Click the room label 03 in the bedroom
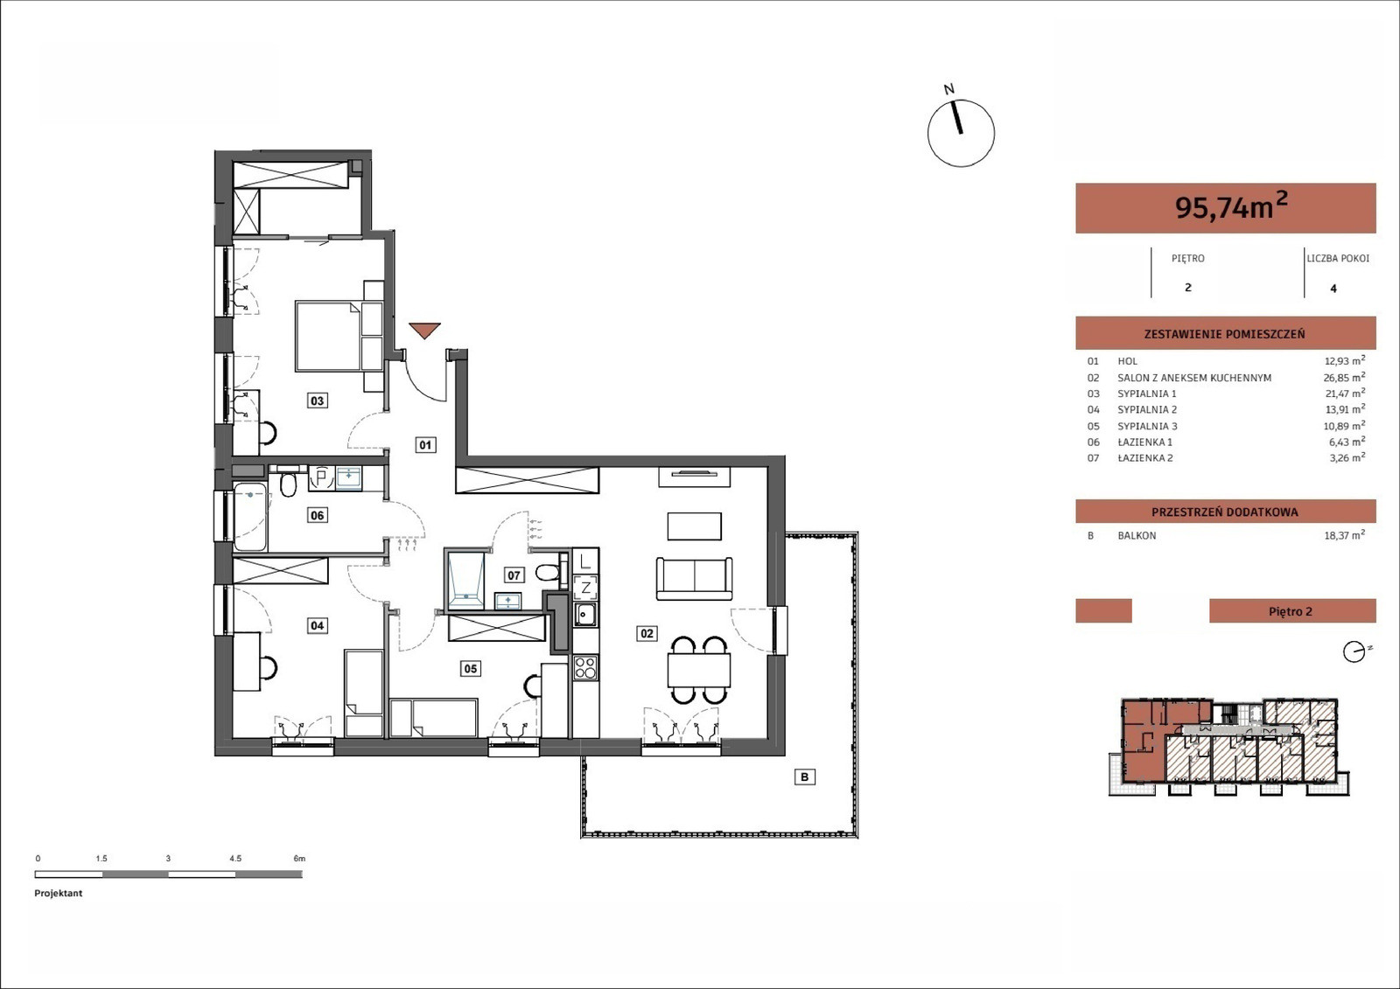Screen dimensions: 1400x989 (x=317, y=400)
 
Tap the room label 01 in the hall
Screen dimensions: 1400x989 (x=425, y=445)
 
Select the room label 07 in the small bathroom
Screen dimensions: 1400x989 (x=514, y=575)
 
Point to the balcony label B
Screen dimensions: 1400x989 (x=804, y=777)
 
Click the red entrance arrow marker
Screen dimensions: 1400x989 (x=425, y=331)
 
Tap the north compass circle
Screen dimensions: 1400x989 (x=961, y=133)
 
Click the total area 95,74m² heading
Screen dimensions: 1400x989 (x=1231, y=206)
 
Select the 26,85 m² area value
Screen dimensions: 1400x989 (x=1344, y=378)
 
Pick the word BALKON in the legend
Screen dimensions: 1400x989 (x=1137, y=535)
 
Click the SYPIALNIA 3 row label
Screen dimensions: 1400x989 (x=1147, y=426)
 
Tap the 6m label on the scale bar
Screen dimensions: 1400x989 (x=299, y=859)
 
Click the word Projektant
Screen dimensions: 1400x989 (x=58, y=894)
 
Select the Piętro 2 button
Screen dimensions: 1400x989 (x=1292, y=611)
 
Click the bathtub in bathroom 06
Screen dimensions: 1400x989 (x=250, y=517)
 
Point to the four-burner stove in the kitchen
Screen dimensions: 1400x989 (x=585, y=667)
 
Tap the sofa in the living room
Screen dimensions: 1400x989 (x=695, y=579)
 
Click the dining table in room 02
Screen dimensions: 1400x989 (x=699, y=671)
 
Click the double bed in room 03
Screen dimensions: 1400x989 (x=339, y=337)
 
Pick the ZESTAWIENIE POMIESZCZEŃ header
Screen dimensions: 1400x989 (x=1224, y=334)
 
